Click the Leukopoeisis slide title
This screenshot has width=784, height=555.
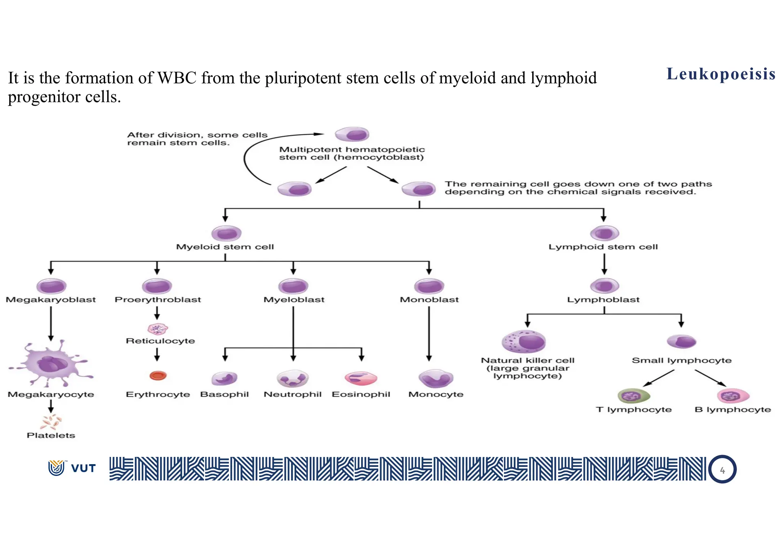[721, 74]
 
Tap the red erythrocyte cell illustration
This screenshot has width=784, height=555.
[158, 376]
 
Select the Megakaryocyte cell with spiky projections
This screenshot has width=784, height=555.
[51, 363]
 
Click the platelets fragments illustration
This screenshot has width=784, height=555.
[51, 422]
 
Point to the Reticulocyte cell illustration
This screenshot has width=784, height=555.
[158, 329]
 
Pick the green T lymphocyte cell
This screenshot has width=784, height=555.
[634, 396]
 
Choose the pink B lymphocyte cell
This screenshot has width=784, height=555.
[733, 396]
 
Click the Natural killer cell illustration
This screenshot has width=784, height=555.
[524, 341]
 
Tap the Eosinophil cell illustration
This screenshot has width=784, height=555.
[361, 378]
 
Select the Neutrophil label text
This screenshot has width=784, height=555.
[292, 394]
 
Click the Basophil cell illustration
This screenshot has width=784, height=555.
[225, 378]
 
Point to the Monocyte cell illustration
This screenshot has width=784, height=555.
[436, 378]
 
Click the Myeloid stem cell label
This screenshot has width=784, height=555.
[225, 247]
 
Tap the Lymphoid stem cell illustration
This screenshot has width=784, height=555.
[604, 233]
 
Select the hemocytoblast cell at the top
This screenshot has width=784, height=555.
[352, 135]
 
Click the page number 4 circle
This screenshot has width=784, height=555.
[722, 470]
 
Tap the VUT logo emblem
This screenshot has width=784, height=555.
[57, 468]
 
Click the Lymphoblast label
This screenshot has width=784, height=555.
[603, 300]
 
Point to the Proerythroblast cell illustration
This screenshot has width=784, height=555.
[157, 286]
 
